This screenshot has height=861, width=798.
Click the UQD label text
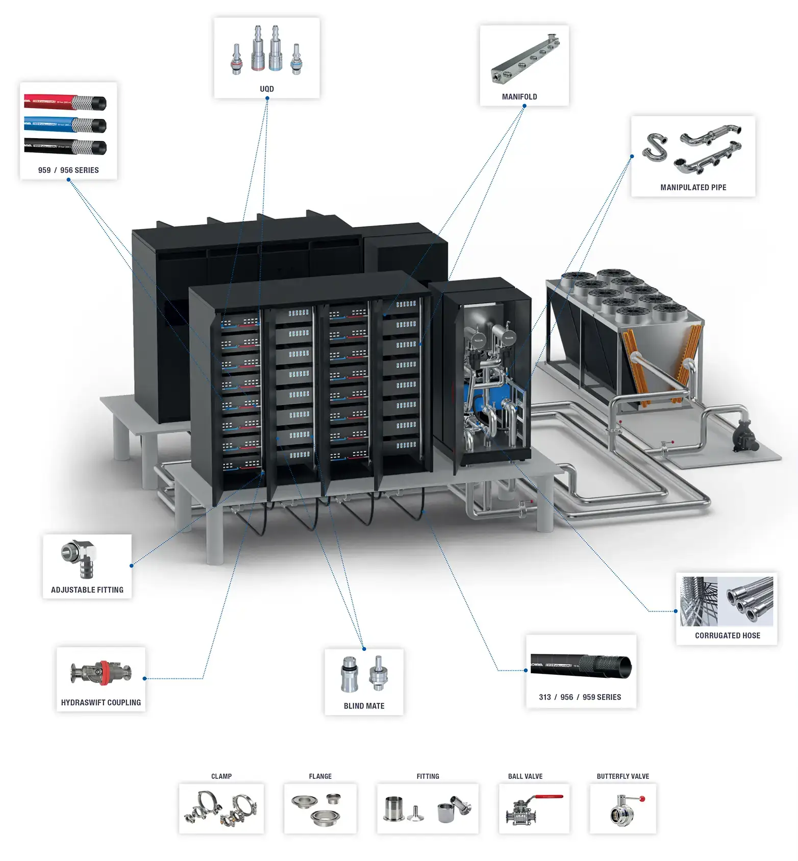(x=266, y=89)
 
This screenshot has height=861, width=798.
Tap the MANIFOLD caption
(x=519, y=96)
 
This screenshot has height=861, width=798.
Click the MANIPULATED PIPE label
(x=693, y=187)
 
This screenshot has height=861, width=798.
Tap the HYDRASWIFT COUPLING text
(x=101, y=702)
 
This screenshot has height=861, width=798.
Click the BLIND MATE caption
(x=364, y=706)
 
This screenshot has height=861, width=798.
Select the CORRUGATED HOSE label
(x=727, y=636)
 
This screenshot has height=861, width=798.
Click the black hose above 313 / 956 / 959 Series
(x=581, y=666)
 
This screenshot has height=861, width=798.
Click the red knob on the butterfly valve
(x=642, y=799)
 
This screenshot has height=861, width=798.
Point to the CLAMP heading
(x=221, y=776)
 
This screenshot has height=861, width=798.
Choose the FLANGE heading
(x=320, y=776)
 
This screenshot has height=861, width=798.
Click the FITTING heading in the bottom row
(x=428, y=776)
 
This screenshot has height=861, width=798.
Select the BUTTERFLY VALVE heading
(x=622, y=776)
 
